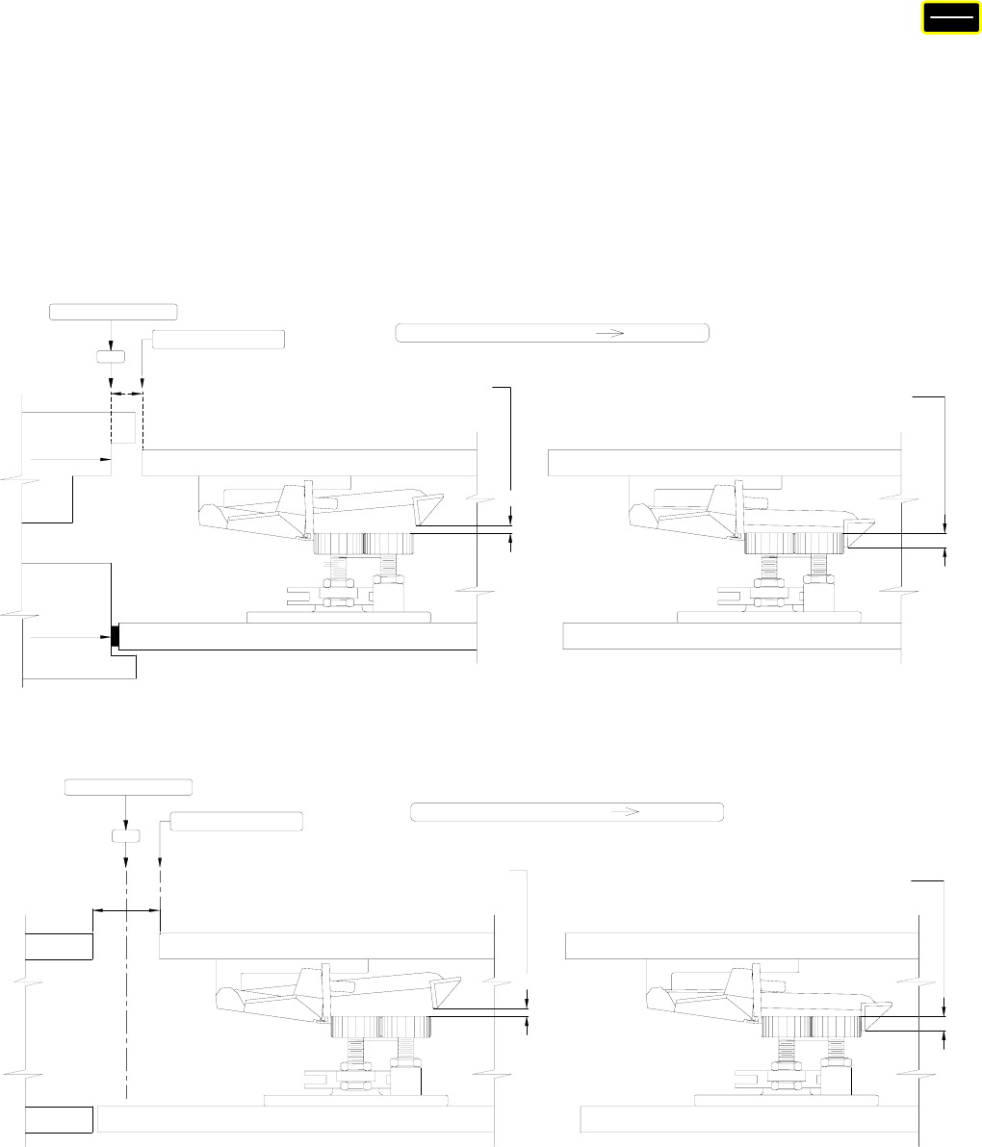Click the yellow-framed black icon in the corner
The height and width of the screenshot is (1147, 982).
(x=945, y=18)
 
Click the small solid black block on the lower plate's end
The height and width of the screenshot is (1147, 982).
(x=116, y=636)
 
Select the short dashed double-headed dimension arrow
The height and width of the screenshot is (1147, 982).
(x=126, y=393)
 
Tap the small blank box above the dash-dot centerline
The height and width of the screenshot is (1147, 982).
(x=126, y=834)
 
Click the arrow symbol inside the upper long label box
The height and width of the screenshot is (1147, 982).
(x=610, y=333)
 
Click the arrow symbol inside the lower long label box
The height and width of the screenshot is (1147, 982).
(x=627, y=811)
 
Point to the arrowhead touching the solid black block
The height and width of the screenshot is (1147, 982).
(x=106, y=637)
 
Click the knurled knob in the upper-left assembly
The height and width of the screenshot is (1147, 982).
(x=365, y=544)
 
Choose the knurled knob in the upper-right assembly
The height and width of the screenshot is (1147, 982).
(x=794, y=545)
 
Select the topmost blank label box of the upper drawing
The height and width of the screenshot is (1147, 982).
(x=114, y=311)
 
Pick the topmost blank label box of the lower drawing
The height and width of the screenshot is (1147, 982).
(x=128, y=787)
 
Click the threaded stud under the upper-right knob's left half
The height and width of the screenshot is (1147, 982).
(x=770, y=574)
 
